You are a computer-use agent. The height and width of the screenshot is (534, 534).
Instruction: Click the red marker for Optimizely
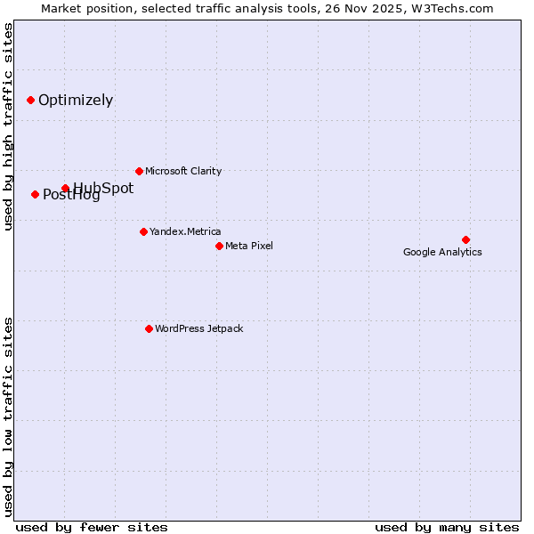30,100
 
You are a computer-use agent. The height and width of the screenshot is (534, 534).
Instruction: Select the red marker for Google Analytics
465,239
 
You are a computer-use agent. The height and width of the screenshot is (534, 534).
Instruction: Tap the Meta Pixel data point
219,246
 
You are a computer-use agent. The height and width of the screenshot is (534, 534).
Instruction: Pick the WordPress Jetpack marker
149,328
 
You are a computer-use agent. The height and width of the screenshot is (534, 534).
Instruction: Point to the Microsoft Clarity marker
139,171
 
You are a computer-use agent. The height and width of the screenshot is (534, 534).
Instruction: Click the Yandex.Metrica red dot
143,231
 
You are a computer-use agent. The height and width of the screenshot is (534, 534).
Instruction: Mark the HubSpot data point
65,188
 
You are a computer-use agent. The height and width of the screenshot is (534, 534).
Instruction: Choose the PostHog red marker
35,194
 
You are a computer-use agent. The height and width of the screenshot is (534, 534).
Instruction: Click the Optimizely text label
76,101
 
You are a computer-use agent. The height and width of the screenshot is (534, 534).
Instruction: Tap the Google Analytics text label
442,252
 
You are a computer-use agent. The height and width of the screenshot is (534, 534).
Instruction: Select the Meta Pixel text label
249,246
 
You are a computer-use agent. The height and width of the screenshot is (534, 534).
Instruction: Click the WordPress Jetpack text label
198,328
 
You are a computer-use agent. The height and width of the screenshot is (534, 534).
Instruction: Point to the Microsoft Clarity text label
183,171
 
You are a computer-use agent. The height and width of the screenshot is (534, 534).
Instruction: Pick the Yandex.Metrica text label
185,231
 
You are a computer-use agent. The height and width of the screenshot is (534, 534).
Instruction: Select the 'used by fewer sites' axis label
92,527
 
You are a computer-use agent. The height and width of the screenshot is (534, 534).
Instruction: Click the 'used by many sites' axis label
447,527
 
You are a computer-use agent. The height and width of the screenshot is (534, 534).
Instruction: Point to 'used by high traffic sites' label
8,126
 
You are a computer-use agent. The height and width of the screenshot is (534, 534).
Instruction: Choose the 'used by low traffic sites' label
8,416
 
